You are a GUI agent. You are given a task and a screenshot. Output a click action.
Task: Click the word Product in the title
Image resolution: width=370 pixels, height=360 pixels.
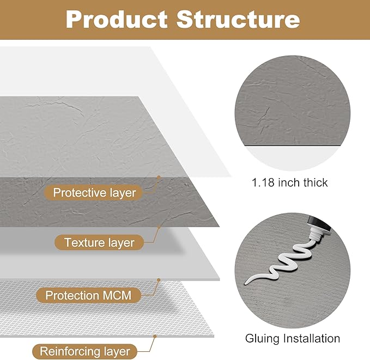click(x=116, y=20)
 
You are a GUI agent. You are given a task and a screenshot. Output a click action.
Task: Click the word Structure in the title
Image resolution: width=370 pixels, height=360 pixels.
click(x=238, y=20)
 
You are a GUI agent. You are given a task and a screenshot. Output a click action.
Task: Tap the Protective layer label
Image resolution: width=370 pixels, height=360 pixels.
click(x=94, y=192)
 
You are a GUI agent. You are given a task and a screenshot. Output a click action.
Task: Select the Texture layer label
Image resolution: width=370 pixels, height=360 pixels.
click(x=99, y=242)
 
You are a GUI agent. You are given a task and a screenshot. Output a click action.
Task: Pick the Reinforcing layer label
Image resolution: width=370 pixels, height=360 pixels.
click(x=85, y=351)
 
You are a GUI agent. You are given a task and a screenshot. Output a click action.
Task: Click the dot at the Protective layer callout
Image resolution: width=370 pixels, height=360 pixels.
click(x=159, y=177)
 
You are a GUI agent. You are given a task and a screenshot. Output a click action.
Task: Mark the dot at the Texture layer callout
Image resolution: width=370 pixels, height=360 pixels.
click(x=159, y=227)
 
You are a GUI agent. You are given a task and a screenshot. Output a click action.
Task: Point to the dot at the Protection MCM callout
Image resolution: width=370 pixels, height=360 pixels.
click(x=159, y=280)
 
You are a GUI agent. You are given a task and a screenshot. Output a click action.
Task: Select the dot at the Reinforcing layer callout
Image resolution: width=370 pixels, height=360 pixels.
click(x=156, y=335)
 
